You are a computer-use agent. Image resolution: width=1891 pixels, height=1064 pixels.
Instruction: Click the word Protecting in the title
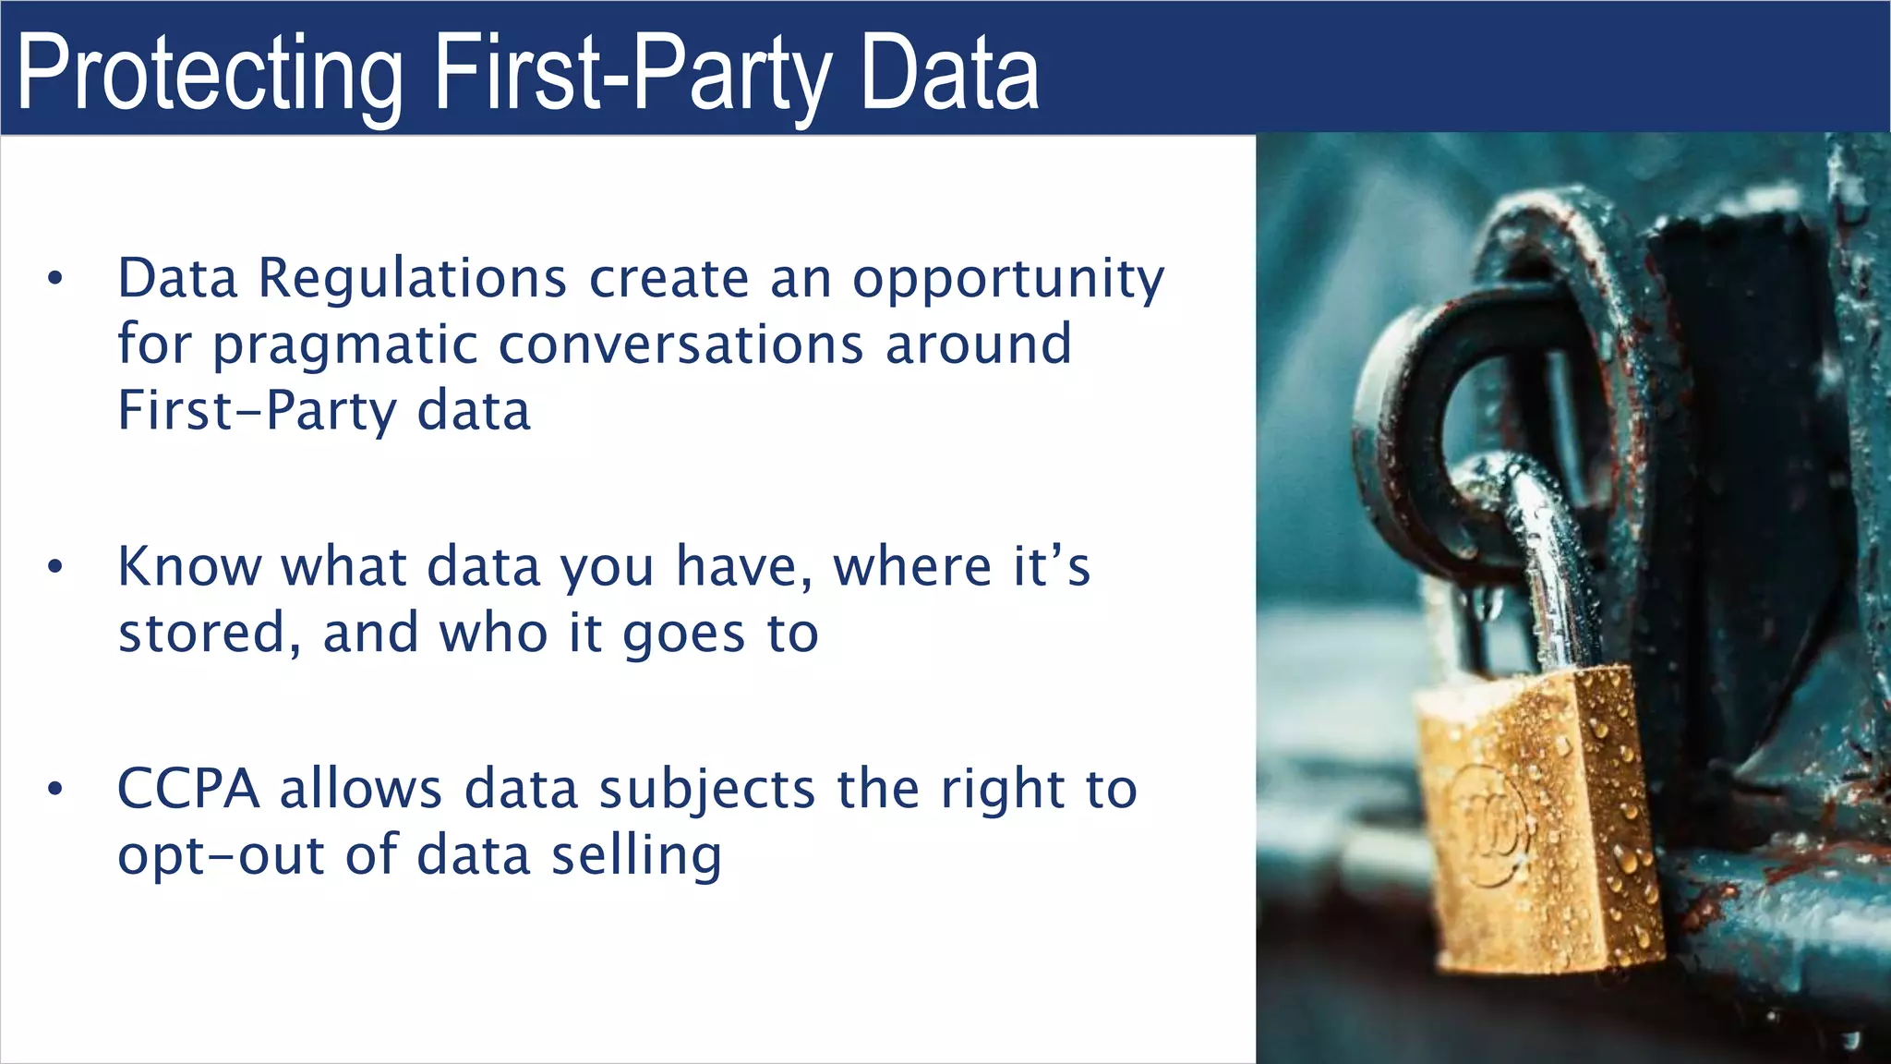[211, 74]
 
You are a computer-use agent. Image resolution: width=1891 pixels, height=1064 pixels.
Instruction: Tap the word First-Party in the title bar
[633, 74]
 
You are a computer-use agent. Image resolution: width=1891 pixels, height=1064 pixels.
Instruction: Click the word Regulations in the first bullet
[412, 278]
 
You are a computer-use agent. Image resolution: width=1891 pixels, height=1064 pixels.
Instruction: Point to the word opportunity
[1008, 280]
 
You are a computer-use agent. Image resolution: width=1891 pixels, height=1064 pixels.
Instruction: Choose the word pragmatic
[345, 346]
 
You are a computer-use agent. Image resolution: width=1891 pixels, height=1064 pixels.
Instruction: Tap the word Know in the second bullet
[189, 566]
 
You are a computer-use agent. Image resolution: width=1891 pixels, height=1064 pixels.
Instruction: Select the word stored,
[210, 634]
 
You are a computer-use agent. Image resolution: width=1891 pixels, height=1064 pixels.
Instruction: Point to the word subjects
[707, 791]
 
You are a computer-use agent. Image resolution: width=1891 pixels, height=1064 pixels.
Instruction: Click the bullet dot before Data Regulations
[55, 278]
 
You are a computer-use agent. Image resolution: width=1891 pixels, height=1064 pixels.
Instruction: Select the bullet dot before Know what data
[55, 566]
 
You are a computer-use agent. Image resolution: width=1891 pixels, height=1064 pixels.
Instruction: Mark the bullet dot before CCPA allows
[55, 789]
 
